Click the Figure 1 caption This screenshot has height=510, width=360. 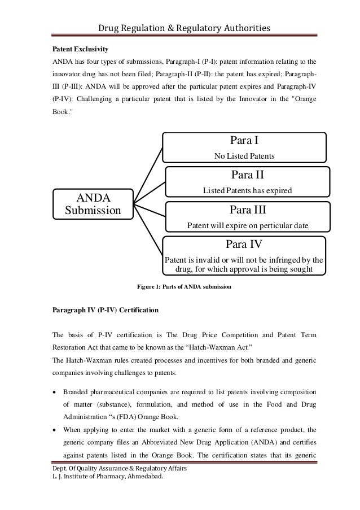coord(185,286)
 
